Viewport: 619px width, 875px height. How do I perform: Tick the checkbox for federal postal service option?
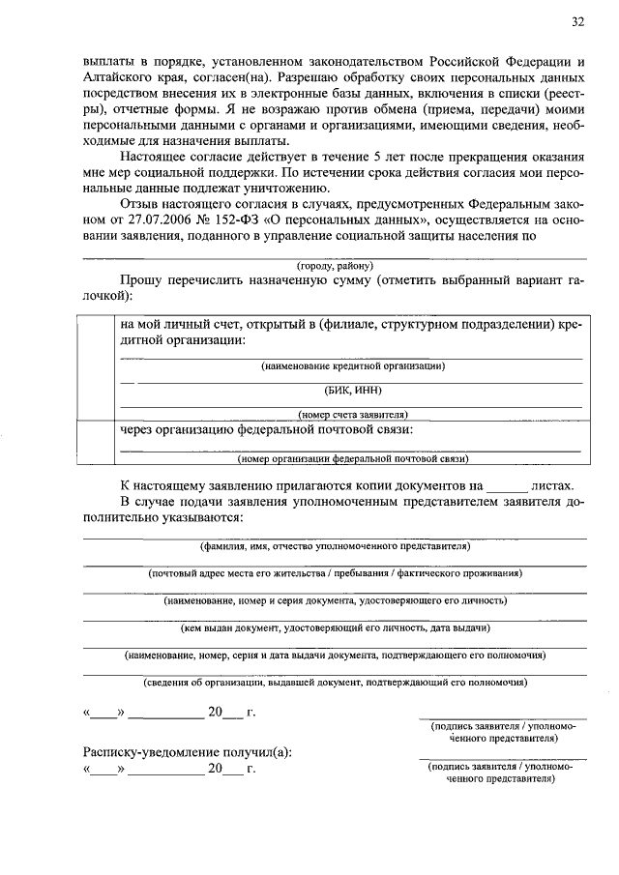[98, 442]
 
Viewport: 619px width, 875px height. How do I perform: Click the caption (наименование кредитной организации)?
[352, 365]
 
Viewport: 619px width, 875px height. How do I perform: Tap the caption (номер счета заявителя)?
[352, 414]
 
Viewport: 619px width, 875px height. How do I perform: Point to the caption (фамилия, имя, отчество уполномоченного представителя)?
[335, 546]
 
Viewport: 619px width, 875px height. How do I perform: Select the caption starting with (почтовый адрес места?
[335, 573]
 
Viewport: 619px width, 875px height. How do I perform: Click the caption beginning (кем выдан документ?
[335, 627]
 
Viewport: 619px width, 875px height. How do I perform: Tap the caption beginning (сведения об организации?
[335, 682]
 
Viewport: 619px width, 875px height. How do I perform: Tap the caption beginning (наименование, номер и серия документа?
[335, 600]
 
